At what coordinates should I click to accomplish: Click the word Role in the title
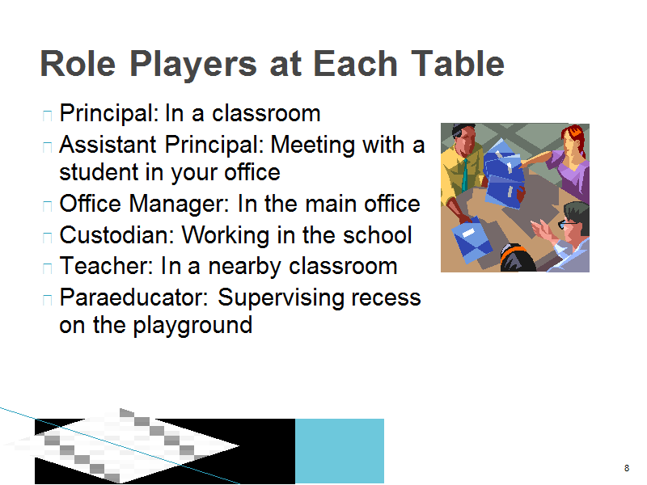click(x=78, y=64)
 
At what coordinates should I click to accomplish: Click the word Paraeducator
click(x=133, y=297)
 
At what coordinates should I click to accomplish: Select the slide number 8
click(x=627, y=468)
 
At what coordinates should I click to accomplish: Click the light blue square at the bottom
click(x=340, y=451)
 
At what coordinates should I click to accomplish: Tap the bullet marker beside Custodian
click(x=48, y=237)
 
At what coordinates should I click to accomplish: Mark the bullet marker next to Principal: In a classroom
click(x=48, y=115)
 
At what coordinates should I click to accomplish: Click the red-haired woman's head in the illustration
click(x=573, y=141)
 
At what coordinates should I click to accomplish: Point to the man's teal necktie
click(x=465, y=175)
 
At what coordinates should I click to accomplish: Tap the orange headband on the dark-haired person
click(x=514, y=249)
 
